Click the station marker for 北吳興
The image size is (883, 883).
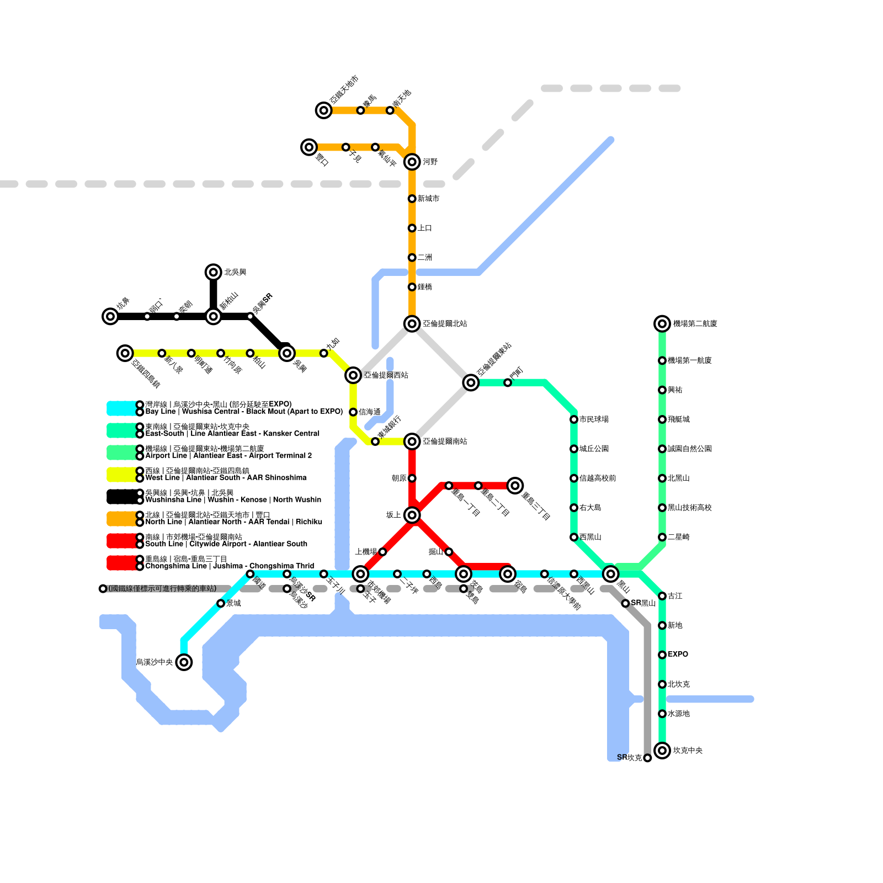pyautogui.click(x=214, y=272)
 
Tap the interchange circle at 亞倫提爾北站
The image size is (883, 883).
pyautogui.click(x=412, y=323)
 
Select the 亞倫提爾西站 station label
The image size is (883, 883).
pyautogui.click(x=386, y=375)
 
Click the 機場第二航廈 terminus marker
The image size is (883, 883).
pyautogui.click(x=662, y=323)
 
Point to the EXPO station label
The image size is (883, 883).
pyautogui.click(x=678, y=655)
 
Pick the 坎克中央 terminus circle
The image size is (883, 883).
pyautogui.click(x=662, y=751)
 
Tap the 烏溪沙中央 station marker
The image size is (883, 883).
pyautogui.click(x=184, y=662)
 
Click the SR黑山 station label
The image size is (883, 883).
pyautogui.click(x=643, y=603)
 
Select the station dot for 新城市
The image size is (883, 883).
pyautogui.click(x=412, y=199)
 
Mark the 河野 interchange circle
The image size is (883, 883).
pyautogui.click(x=412, y=162)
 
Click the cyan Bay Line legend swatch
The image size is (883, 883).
pyautogui.click(x=121, y=408)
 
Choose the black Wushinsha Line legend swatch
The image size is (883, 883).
pyautogui.click(x=121, y=497)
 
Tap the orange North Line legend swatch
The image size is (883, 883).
pyautogui.click(x=121, y=519)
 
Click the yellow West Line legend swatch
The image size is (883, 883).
pyautogui.click(x=121, y=475)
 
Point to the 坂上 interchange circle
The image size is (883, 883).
pyautogui.click(x=412, y=515)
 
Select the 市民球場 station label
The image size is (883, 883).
pyautogui.click(x=594, y=419)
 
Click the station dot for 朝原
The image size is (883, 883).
pyautogui.click(x=412, y=478)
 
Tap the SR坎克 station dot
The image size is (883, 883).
pyautogui.click(x=647, y=758)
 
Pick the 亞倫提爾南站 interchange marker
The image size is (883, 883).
pyautogui.click(x=412, y=441)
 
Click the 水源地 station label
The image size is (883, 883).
pyautogui.click(x=678, y=714)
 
